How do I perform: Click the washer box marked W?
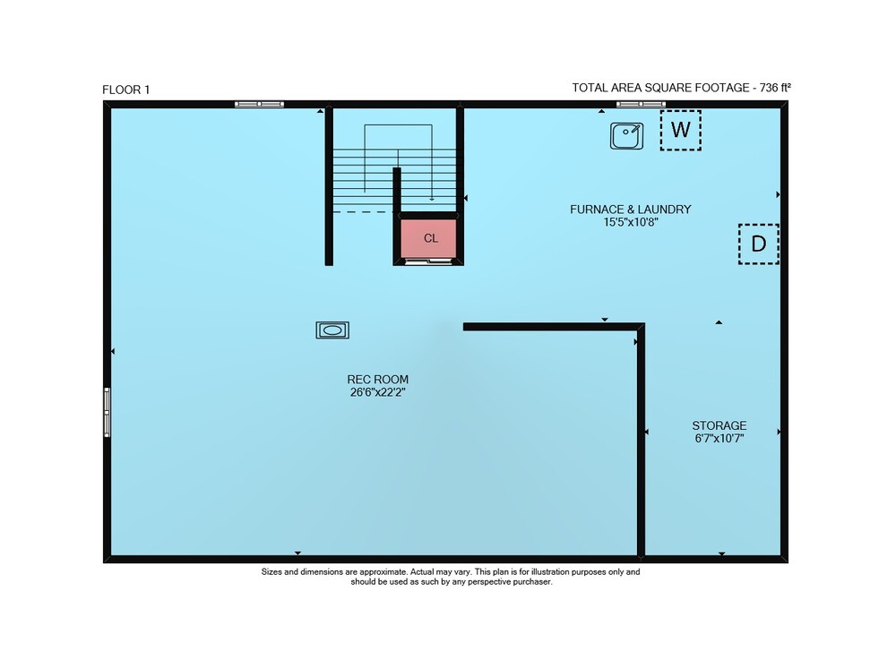point(681,130)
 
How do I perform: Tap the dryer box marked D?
point(758,244)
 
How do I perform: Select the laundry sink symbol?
point(626,136)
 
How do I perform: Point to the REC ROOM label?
point(378,379)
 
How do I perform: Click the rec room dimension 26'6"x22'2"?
point(378,392)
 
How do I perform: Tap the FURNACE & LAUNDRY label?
point(630,210)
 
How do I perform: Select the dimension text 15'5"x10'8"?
point(631,222)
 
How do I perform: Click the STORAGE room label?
point(719,425)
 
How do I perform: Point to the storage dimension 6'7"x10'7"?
point(719,439)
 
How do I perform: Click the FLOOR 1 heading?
point(125,90)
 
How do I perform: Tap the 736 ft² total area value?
point(775,88)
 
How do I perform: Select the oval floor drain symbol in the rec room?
point(332,330)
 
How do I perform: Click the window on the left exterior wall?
point(107,412)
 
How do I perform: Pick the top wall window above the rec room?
point(259,105)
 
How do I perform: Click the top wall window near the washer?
point(641,105)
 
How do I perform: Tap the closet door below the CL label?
point(428,262)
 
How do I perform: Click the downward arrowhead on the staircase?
point(432,199)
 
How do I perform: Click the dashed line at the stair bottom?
point(361,212)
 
